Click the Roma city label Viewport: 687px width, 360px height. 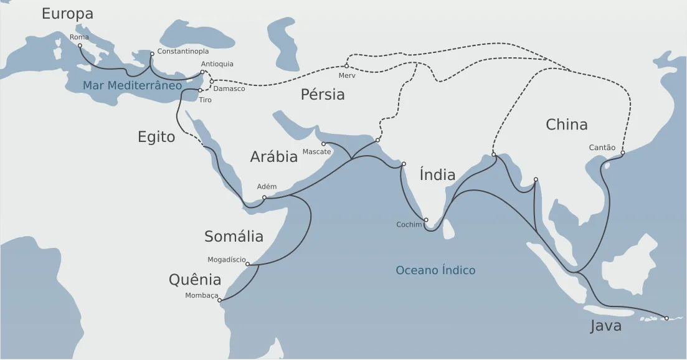(x=79, y=37)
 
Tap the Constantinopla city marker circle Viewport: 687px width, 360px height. (x=152, y=54)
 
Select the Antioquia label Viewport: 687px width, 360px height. (x=217, y=64)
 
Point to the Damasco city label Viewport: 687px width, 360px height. (x=229, y=88)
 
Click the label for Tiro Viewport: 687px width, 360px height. (x=206, y=100)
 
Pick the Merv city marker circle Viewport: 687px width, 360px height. (x=346, y=66)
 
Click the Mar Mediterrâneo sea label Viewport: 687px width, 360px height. (x=132, y=85)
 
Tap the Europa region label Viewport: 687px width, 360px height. (x=67, y=14)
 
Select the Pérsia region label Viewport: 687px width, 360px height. (x=323, y=95)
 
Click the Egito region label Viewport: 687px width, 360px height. (x=156, y=137)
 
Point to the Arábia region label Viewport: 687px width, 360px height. (x=274, y=157)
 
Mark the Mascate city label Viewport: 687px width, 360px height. (x=316, y=152)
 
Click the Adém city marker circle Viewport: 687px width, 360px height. (x=265, y=197)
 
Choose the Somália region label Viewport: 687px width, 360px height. (x=234, y=237)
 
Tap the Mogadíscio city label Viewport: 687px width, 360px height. (x=227, y=260)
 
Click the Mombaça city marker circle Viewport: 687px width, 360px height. (x=219, y=300)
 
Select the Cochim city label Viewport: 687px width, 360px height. (x=409, y=224)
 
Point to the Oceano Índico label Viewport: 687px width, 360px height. (x=435, y=270)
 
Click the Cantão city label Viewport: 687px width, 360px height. (x=602, y=148)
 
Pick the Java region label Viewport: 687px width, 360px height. (x=605, y=326)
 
